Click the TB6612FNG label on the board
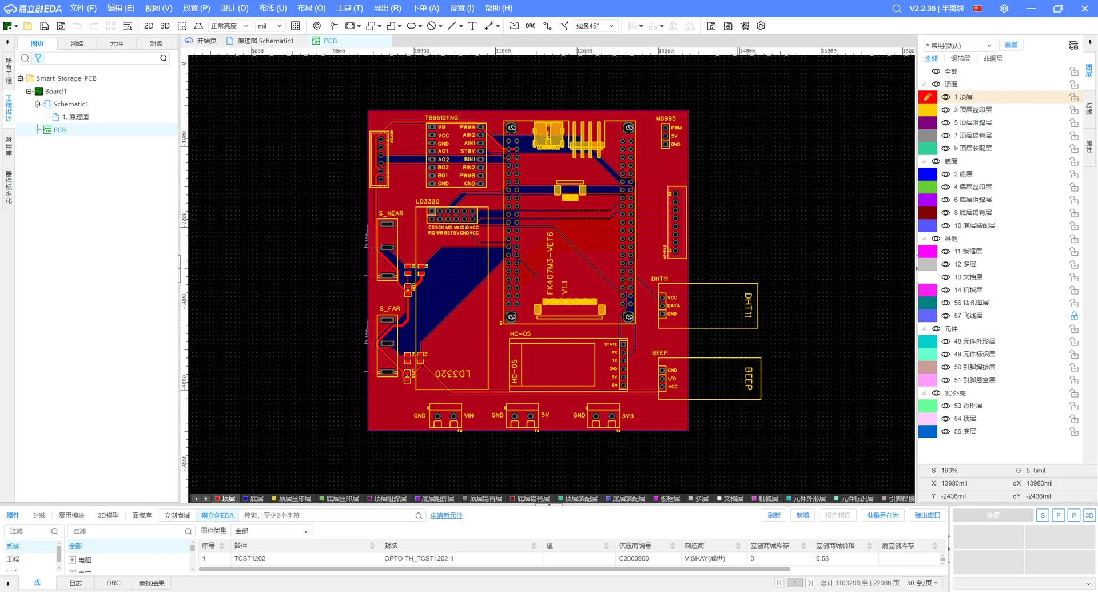pos(441,117)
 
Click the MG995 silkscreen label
pos(665,118)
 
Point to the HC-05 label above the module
pos(520,333)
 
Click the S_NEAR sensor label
pos(391,213)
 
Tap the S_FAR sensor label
pos(389,308)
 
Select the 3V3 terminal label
pos(627,416)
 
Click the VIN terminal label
pos(469,416)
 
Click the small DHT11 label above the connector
pos(659,279)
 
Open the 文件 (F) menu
pos(83,8)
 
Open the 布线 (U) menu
pos(273,8)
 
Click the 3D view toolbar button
pos(165,26)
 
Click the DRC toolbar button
pos(530,26)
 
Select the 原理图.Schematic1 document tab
pos(265,41)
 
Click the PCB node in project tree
pos(59,130)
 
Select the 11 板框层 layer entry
pos(968,251)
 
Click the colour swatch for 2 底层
pos(927,174)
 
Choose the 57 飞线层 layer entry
pos(968,316)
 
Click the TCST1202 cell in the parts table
pos(250,558)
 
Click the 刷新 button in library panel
pos(774,515)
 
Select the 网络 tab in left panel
pos(77,43)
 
